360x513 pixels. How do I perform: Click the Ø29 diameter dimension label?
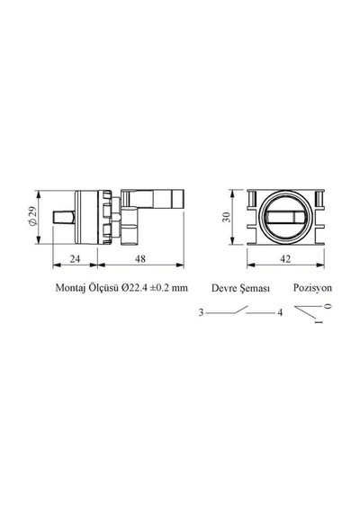coord(32,217)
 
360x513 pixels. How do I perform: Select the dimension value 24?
coord(75,259)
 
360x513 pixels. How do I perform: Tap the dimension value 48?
coord(140,259)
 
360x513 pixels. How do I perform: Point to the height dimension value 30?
coord(227,217)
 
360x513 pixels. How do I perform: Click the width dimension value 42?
coord(285,259)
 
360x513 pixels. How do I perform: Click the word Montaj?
coord(70,288)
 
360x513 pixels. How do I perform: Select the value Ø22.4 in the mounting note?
coord(134,288)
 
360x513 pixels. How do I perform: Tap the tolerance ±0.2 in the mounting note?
coord(159,288)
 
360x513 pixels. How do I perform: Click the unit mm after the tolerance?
coord(180,289)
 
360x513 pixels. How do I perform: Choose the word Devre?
coord(224,288)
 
